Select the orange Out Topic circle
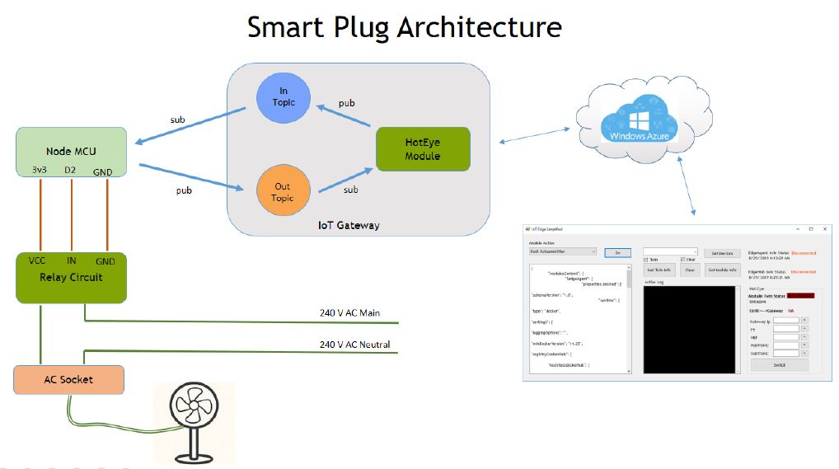click(282, 192)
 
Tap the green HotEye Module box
click(422, 149)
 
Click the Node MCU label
click(71, 151)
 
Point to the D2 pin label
click(72, 170)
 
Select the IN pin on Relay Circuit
click(72, 260)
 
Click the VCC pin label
click(37, 260)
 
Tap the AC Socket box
click(68, 380)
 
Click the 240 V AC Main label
click(354, 312)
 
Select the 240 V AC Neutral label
click(354, 344)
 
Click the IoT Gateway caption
click(349, 225)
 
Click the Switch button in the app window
click(779, 364)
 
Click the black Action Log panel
click(689, 330)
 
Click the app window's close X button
click(825, 228)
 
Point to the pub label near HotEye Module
click(347, 104)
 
